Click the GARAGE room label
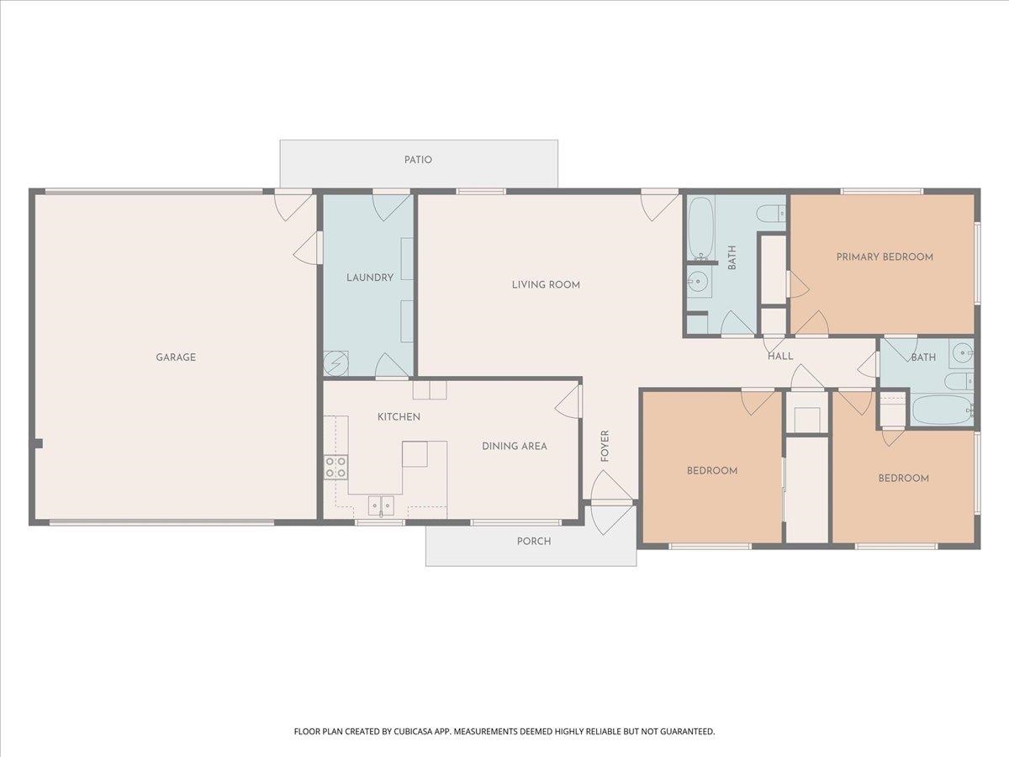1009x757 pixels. [176, 357]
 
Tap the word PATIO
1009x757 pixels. [418, 160]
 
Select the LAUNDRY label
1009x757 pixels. [370, 278]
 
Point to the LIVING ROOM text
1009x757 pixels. [546, 284]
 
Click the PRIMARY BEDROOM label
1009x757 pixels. [885, 257]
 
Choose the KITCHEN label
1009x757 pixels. [399, 417]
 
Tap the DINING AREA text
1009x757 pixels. [515, 446]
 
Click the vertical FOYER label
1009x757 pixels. [605, 446]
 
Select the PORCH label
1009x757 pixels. [534, 541]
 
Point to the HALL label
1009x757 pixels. [780, 356]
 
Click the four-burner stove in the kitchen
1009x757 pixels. [335, 467]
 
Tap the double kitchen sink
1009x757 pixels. [381, 506]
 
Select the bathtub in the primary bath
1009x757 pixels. [700, 229]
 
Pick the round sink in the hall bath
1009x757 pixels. [961, 353]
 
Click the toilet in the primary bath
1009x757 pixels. [771, 213]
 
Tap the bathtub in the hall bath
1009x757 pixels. [943, 410]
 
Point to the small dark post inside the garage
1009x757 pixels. [38, 443]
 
